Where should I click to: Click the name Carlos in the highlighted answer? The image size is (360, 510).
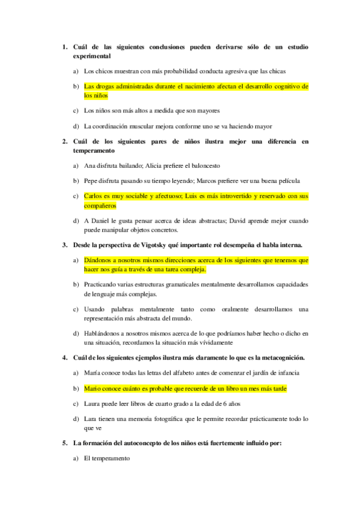click(94, 196)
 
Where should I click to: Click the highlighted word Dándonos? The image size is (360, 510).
click(98, 260)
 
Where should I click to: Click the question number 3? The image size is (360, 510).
click(64, 245)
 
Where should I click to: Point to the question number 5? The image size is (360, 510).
click(64, 443)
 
